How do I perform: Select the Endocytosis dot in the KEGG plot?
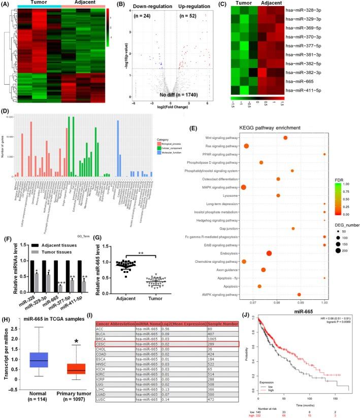coord(269,253)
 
